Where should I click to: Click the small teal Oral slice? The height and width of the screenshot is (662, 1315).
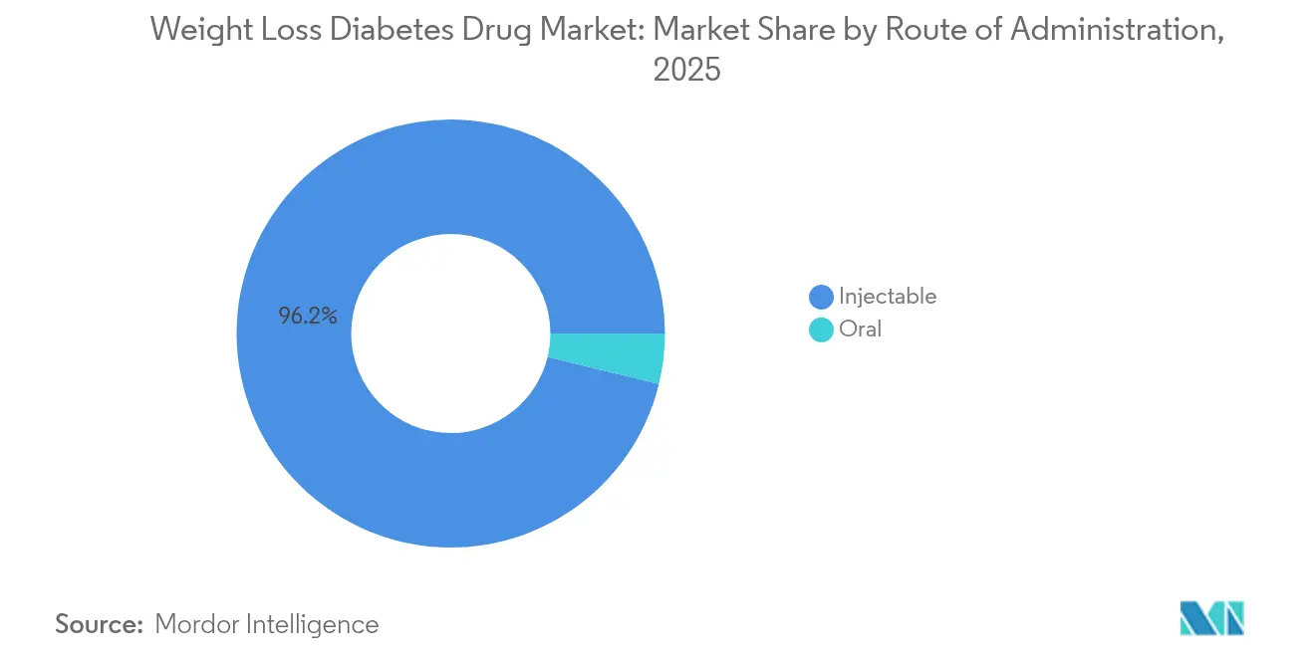point(607,358)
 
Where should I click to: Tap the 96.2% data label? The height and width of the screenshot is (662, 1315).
point(308,318)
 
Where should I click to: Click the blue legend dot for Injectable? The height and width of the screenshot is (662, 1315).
point(821,297)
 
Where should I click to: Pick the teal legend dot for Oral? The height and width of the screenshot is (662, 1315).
point(821,330)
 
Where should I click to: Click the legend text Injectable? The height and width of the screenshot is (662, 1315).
point(887,297)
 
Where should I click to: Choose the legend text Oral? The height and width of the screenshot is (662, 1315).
point(860,330)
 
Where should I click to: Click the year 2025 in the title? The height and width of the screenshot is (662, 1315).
point(685,71)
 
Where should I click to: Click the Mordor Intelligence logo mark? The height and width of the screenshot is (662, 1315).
point(1211,618)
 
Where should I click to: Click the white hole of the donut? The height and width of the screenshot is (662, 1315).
point(450,333)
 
